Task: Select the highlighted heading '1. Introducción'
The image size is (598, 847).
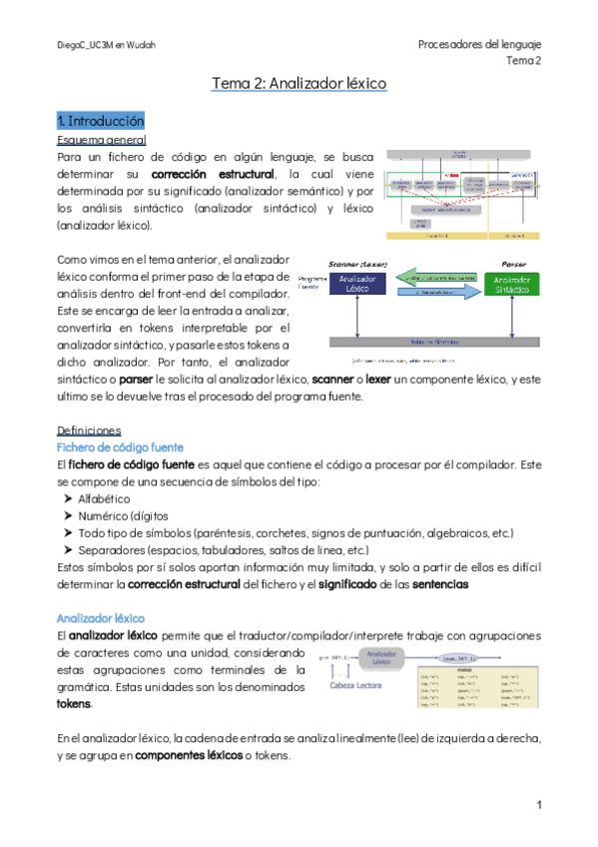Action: [x=101, y=121]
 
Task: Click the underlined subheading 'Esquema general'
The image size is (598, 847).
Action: [x=102, y=140]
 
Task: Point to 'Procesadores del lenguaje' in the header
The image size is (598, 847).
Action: [x=479, y=45]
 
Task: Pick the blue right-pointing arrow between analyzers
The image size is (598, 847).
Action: [x=432, y=292]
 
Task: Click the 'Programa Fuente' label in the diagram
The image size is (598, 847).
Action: [x=311, y=284]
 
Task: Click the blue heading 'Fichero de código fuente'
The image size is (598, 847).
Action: [x=120, y=446]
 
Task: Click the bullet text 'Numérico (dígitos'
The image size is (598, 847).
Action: [x=119, y=515]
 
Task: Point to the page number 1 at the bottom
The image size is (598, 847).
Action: [x=538, y=804]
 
